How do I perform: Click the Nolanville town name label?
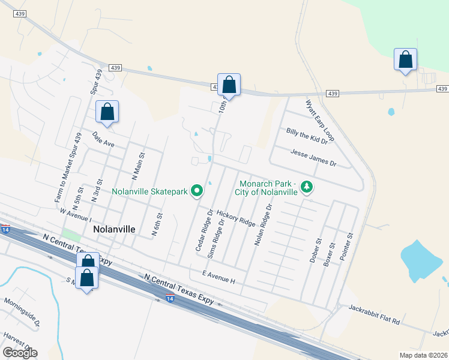[114, 229]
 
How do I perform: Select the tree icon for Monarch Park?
[307, 187]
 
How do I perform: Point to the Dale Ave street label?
[103, 140]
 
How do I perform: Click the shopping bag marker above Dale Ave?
[107, 112]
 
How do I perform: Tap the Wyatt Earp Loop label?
[320, 121]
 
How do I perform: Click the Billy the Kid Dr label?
[307, 136]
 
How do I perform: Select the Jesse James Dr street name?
[314, 158]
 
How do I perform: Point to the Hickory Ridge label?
[236, 218]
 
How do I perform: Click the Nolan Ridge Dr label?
[263, 225]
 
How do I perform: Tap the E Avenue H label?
[218, 277]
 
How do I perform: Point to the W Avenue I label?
[75, 214]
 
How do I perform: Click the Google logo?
[20, 352]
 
